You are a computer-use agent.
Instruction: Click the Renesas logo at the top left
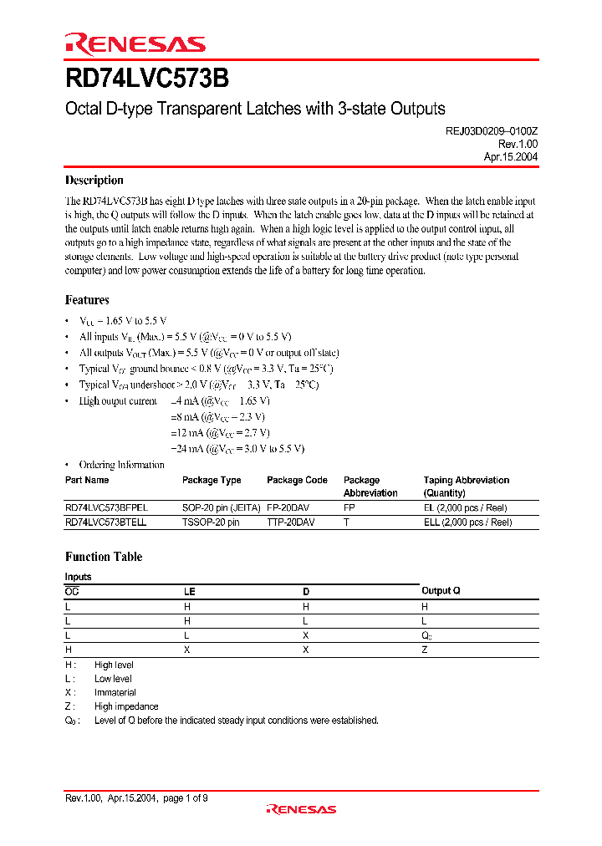coord(135,43)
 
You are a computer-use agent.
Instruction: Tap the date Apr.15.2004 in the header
coord(510,156)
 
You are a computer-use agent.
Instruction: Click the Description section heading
coord(94,181)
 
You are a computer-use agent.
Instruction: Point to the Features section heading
coord(87,300)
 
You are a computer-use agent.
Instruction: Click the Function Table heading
coord(104,557)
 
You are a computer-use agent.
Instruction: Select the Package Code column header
coord(297,481)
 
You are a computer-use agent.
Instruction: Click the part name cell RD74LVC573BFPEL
coord(106,507)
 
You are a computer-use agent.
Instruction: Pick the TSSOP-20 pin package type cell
coord(211,522)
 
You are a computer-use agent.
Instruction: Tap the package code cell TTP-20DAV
coord(291,522)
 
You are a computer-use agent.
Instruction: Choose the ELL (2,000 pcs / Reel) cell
coord(467,522)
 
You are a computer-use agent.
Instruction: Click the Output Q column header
coord(441,591)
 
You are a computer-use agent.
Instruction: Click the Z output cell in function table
coord(425,650)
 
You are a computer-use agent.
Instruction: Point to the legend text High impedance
coord(126,706)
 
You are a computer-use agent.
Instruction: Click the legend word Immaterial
coord(115,693)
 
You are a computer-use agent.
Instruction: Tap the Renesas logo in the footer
coord(301,808)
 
